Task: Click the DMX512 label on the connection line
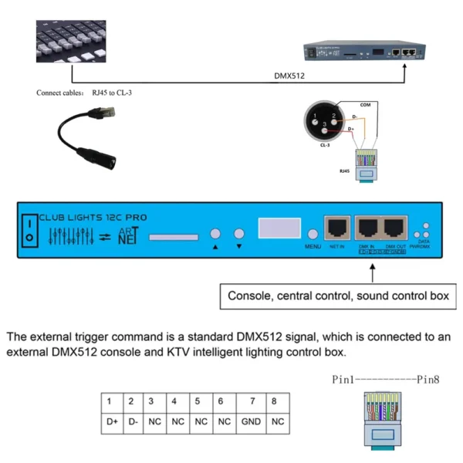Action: coord(289,76)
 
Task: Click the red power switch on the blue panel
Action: coord(28,231)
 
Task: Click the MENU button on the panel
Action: coord(313,235)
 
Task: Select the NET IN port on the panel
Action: coord(336,228)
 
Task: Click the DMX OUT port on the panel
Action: coord(395,228)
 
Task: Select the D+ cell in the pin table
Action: coord(110,422)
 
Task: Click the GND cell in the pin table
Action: coord(252,422)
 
